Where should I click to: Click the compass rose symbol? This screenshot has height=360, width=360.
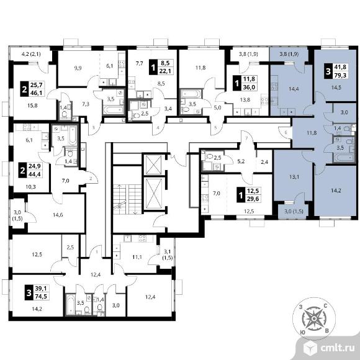coord(314,318)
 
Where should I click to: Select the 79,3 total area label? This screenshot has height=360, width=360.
coord(341,75)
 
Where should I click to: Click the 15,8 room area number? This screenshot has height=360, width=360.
coord(32,106)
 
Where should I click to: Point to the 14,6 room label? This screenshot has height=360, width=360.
coord(58,215)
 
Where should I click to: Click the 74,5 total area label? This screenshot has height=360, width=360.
coord(41,297)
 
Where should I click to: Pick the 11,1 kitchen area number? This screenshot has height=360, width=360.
coord(137,257)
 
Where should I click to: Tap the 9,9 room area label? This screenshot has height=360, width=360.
coord(78,68)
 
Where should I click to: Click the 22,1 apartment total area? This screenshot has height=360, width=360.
coord(165,71)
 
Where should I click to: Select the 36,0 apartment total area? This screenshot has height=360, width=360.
coord(249,88)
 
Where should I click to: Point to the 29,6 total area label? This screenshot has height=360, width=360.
coord(253,199)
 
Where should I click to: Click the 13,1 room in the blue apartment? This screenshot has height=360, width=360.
coord(294,177)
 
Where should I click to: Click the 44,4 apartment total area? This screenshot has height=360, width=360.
coord(34,174)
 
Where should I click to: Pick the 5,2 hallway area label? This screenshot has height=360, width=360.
coord(241,161)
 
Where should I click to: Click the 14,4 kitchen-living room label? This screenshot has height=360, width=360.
coord(294,89)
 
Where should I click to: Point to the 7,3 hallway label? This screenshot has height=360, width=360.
coord(86,104)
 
